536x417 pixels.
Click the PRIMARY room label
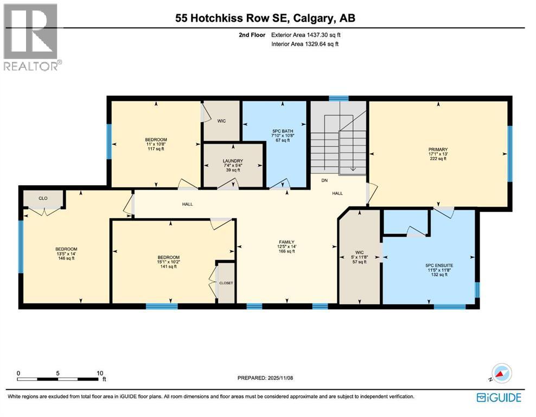click(x=437, y=149)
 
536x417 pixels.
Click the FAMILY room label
click(x=286, y=242)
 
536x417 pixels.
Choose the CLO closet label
click(x=43, y=198)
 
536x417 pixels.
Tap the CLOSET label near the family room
click(x=226, y=283)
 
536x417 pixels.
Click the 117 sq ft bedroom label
click(x=156, y=139)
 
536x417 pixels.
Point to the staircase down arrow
click(x=353, y=169)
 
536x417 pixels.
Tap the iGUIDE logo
click(x=499, y=398)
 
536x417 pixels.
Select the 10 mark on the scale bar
click(x=100, y=373)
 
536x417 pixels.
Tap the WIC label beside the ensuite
click(x=360, y=252)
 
